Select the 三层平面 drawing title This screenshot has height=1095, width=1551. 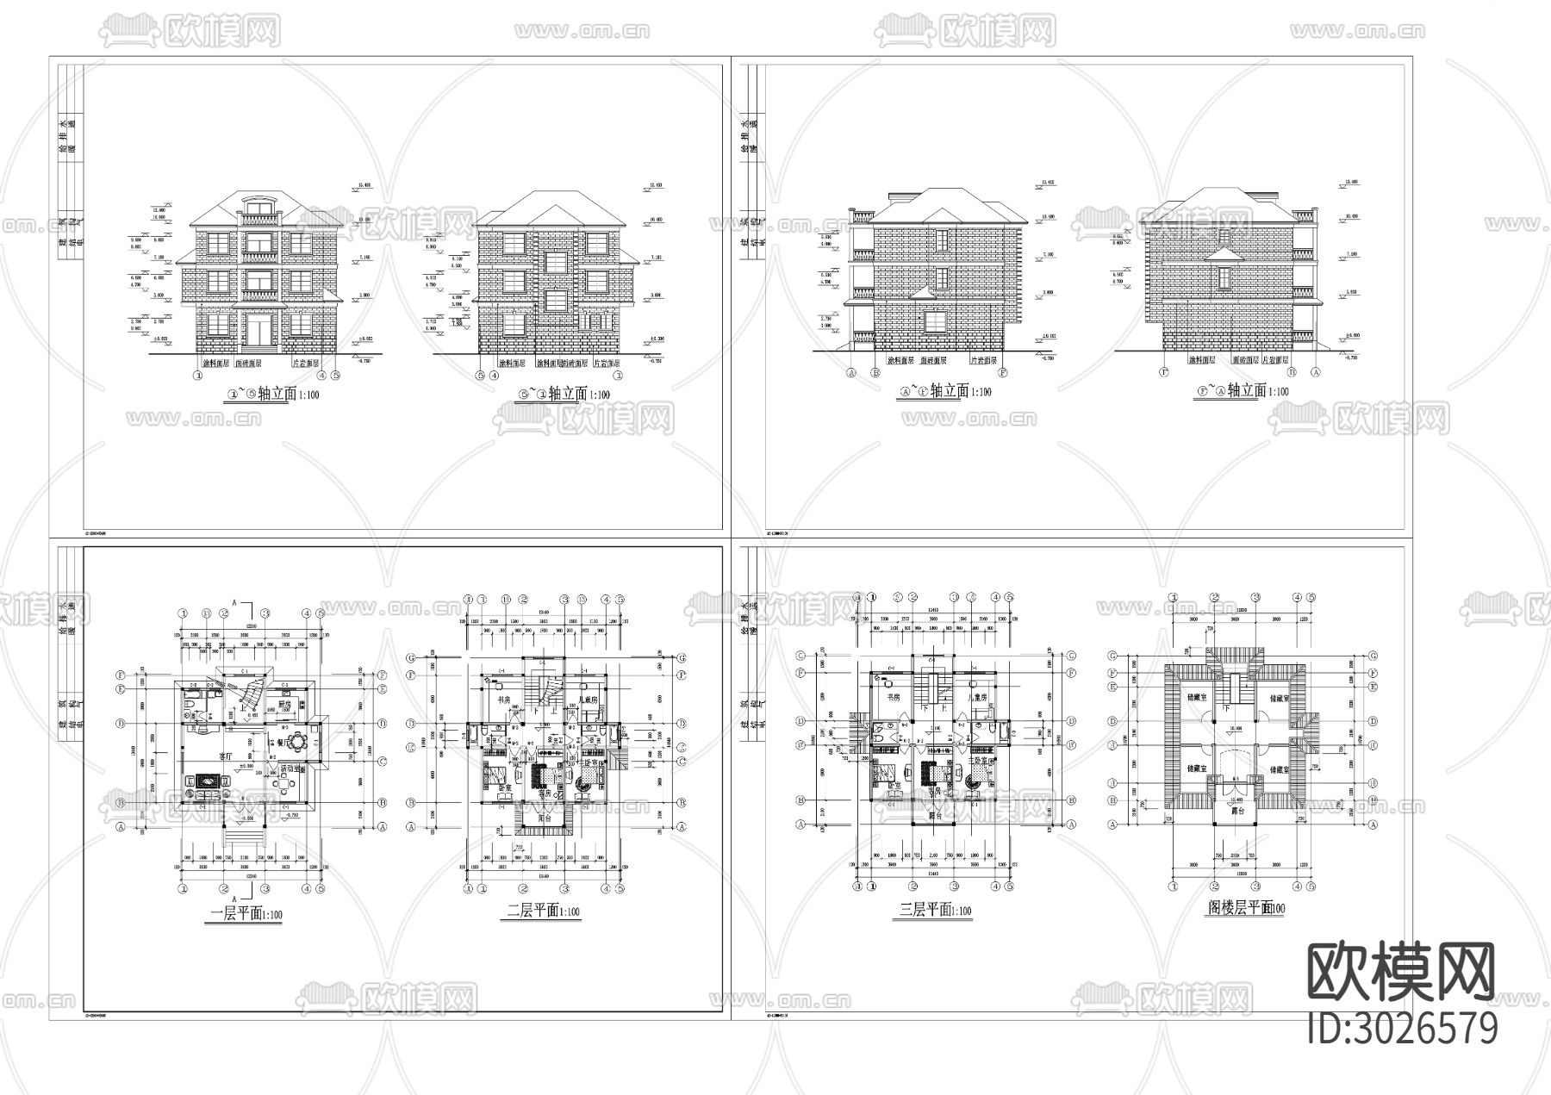[934, 910]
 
